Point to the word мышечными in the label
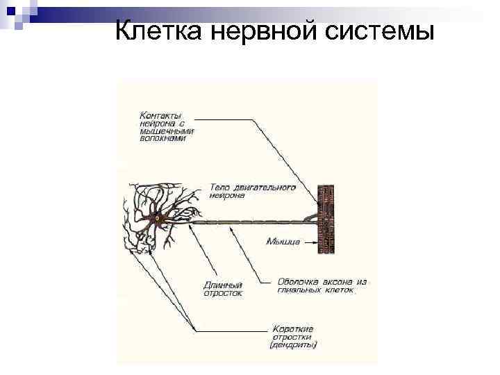[x=167, y=130]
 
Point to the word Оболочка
[x=299, y=282]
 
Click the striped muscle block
[x=326, y=219]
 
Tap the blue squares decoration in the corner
[x=15, y=12]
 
